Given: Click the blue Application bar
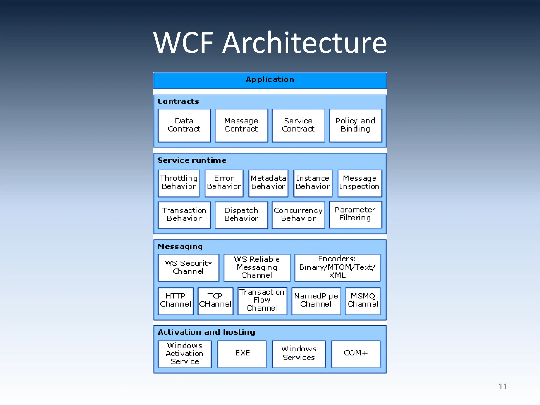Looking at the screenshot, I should (x=270, y=80).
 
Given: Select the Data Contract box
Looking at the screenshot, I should (x=184, y=125).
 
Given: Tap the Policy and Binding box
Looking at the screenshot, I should (x=355, y=125).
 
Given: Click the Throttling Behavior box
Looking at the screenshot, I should (x=179, y=183).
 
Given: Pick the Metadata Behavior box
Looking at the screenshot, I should (x=268, y=183).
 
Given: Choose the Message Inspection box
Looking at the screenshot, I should (x=359, y=183).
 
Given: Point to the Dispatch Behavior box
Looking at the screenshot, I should (x=241, y=215).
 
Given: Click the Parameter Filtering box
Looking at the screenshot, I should (x=355, y=214).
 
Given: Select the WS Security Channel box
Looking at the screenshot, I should (x=188, y=267).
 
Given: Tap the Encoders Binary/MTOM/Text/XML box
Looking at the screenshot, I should (x=337, y=267).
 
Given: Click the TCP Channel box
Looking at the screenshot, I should (x=215, y=301).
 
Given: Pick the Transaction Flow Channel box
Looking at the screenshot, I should (x=262, y=301).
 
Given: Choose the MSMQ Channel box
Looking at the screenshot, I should (x=363, y=301).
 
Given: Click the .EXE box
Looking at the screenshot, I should (x=242, y=354).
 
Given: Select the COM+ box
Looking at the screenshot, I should (x=356, y=354).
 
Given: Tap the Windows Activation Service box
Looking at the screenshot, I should (x=185, y=354).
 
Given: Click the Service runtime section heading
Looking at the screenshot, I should (x=192, y=160).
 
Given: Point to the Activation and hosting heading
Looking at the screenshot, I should (x=206, y=332).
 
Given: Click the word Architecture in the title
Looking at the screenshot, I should (x=304, y=43).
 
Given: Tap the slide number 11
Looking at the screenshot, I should (x=503, y=387).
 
